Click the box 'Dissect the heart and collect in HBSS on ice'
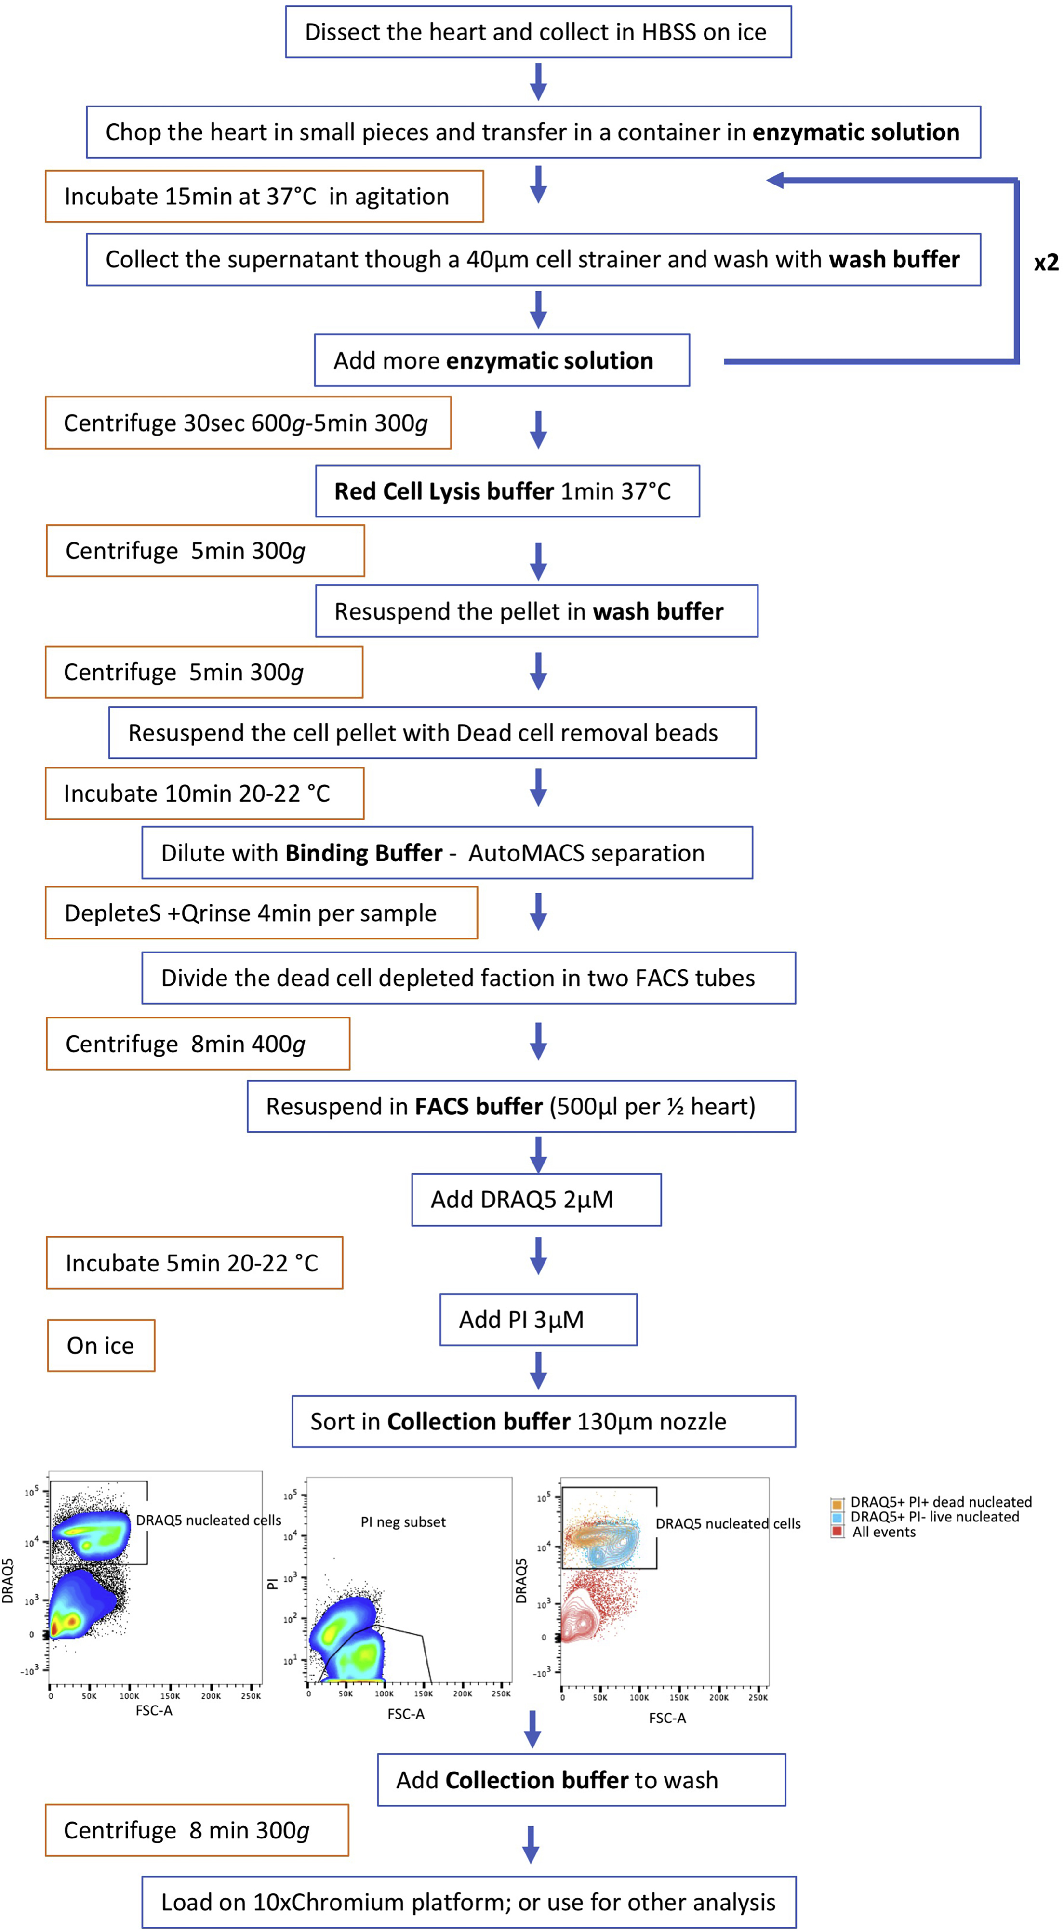(x=538, y=32)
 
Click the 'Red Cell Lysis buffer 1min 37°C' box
(x=507, y=491)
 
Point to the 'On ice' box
(x=101, y=1346)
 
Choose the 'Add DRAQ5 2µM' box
(x=536, y=1199)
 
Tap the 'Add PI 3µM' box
(x=538, y=1319)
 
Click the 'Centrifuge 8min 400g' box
(x=198, y=1044)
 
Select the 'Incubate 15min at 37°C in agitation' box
(x=264, y=197)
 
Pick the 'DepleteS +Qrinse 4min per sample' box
(x=261, y=913)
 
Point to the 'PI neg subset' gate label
(x=403, y=1521)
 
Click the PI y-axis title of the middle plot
(x=273, y=1583)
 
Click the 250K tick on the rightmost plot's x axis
(x=758, y=1698)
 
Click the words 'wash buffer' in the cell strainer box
(x=894, y=259)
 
